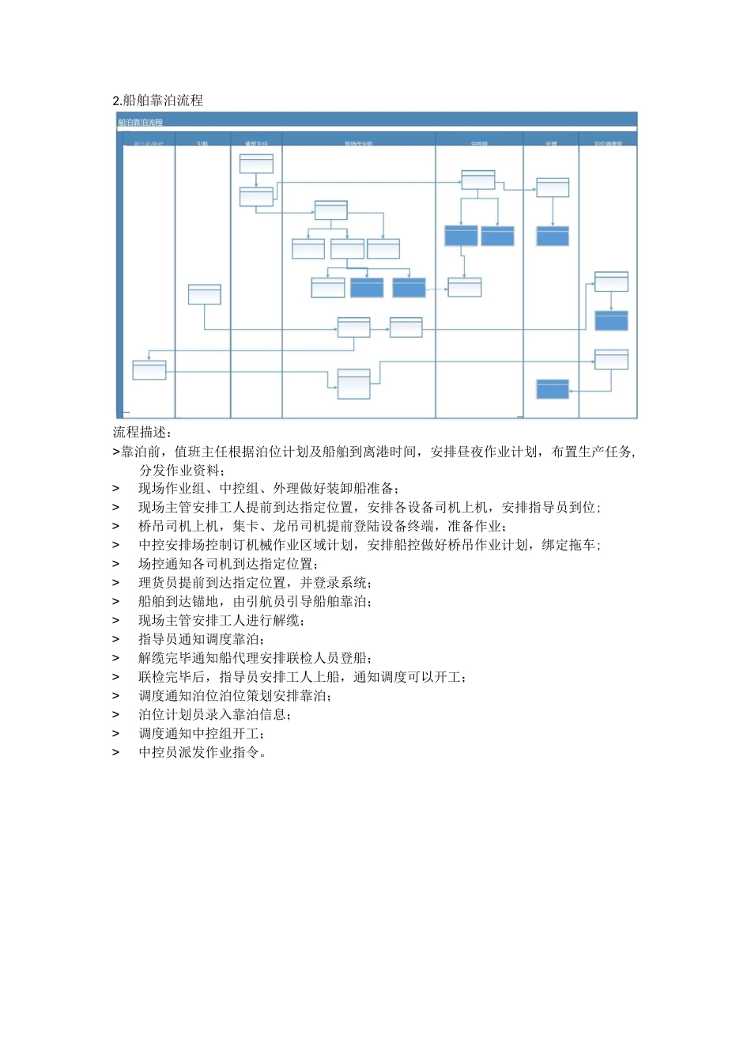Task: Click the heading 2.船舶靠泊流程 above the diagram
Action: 158,100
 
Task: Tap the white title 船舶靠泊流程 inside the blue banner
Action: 141,123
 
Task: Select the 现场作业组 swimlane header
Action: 358,144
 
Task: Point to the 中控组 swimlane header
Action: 479,144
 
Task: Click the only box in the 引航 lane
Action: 204,294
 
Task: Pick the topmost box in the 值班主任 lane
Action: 256,164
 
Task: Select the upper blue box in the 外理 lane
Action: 553,236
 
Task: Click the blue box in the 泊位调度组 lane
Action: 611,320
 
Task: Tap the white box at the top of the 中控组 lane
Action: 478,180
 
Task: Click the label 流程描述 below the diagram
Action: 142,433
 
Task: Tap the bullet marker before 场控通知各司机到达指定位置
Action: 116,564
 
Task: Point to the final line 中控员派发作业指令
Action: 202,752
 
